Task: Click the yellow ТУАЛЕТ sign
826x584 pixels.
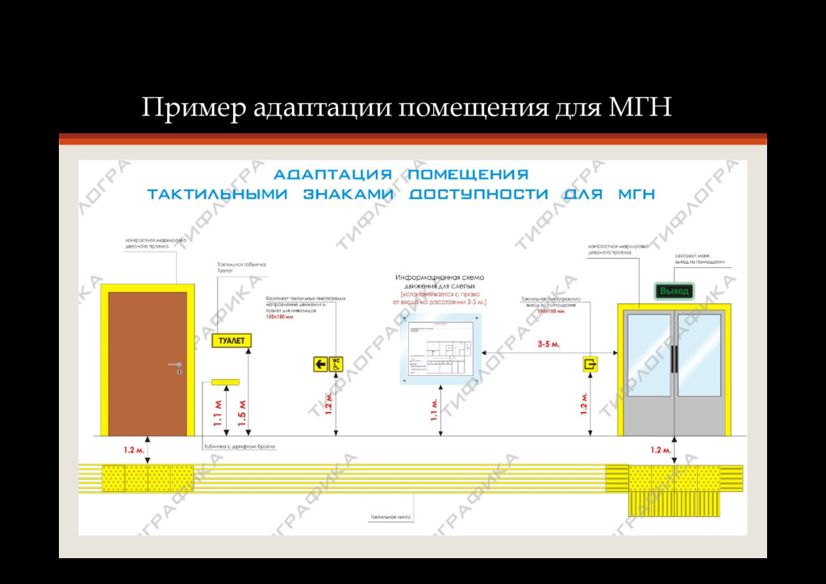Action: (232, 341)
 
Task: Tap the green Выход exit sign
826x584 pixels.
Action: (674, 290)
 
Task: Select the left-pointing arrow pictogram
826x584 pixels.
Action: (320, 365)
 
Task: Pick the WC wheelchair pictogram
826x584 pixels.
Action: (336, 365)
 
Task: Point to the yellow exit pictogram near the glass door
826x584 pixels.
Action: (590, 365)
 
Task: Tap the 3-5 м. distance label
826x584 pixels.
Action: (549, 344)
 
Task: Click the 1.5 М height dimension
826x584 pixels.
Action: (242, 413)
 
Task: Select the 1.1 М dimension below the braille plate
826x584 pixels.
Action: (218, 413)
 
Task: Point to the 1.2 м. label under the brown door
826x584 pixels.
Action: (134, 449)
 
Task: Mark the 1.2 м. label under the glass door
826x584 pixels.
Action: (661, 449)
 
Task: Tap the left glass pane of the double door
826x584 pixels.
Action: (649, 355)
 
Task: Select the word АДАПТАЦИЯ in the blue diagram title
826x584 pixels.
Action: (332, 174)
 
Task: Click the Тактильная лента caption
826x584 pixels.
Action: (391, 516)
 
